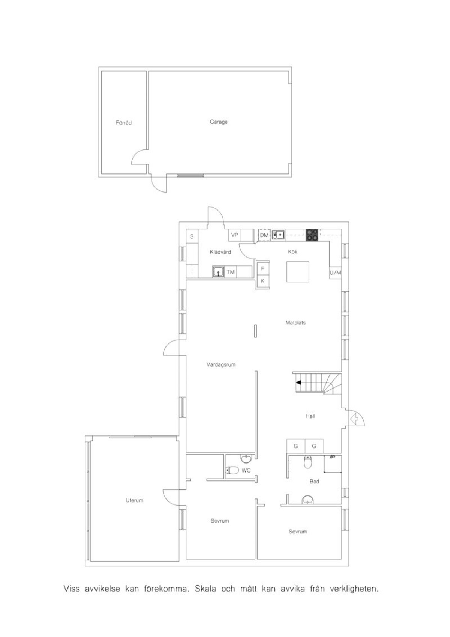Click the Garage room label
click(219, 122)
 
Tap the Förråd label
click(124, 123)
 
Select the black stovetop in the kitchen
click(312, 235)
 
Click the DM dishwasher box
click(264, 235)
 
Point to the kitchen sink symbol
click(278, 235)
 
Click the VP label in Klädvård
click(234, 235)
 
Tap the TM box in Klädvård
click(231, 272)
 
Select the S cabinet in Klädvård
click(192, 236)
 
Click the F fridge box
click(263, 268)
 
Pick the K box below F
click(263, 281)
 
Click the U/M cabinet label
click(335, 273)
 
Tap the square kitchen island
click(297, 272)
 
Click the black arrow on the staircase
click(298, 383)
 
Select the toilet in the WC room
click(232, 470)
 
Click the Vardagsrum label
click(221, 364)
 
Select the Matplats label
click(295, 322)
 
